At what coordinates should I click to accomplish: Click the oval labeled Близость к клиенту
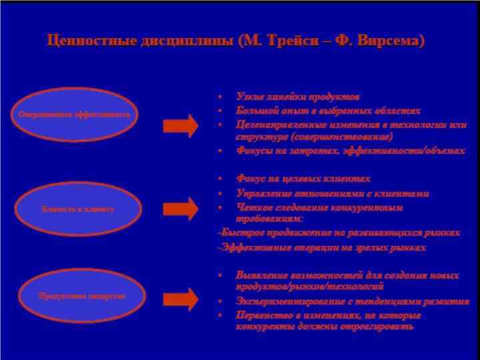pyautogui.click(x=78, y=208)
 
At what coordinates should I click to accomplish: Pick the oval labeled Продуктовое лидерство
pyautogui.click(x=81, y=295)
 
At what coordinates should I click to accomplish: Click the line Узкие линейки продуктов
pyautogui.click(x=297, y=97)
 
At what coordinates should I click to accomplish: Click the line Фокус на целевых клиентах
pyautogui.click(x=303, y=179)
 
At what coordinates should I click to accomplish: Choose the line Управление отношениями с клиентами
pyautogui.click(x=332, y=193)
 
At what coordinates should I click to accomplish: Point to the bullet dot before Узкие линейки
pyautogui.click(x=221, y=97)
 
